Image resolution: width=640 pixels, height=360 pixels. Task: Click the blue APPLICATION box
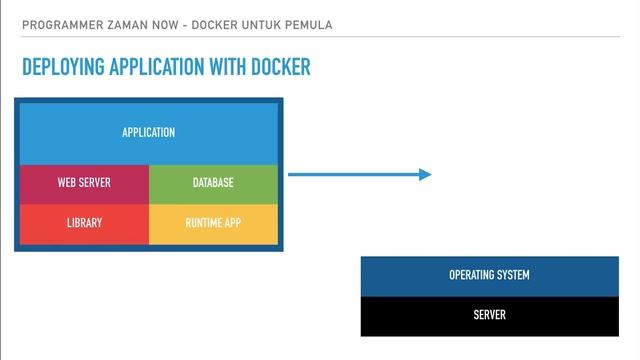(x=148, y=133)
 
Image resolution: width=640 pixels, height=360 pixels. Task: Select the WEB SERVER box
(x=84, y=183)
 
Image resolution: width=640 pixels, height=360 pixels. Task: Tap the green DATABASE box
(x=213, y=183)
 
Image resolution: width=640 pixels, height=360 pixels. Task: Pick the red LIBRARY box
(x=84, y=223)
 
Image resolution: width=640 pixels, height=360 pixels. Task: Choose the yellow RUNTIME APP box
(x=213, y=223)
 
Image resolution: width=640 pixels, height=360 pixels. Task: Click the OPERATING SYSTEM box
(x=489, y=275)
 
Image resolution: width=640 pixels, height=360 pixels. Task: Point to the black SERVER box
(x=489, y=315)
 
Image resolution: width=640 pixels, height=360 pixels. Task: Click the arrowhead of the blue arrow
(x=425, y=175)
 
